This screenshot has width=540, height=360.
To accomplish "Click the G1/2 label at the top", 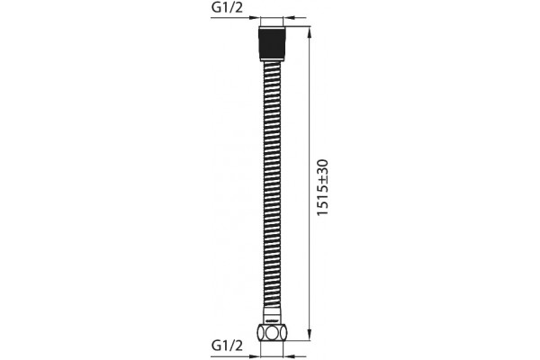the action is coord(227,7).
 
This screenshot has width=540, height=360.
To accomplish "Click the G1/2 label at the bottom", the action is coord(227,345).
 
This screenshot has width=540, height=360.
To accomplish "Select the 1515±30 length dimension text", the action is coord(322,188).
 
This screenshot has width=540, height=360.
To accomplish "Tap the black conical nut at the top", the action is coord(272,45).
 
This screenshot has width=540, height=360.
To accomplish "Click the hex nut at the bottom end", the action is coord(272,332).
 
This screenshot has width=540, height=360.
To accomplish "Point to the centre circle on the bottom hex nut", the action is coord(272,333).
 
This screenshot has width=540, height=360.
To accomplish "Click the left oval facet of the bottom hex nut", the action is coord(262,333).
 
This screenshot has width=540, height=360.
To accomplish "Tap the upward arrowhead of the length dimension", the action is coord(310,33).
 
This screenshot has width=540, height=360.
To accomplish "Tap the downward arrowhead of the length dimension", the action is coord(310,334).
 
